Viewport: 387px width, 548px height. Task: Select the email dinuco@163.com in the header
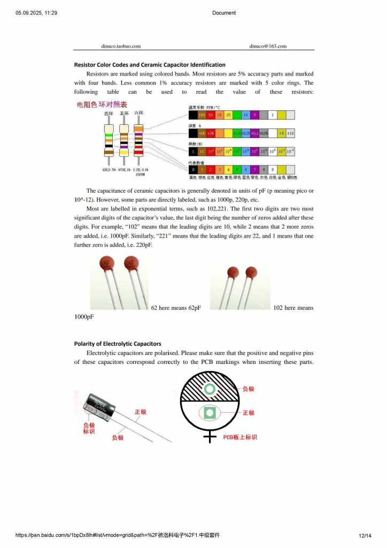tap(268, 46)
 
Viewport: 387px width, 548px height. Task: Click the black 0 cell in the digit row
tap(193, 170)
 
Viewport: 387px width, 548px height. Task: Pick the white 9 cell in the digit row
tap(272, 170)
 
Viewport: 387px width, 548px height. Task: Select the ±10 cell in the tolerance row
tap(290, 133)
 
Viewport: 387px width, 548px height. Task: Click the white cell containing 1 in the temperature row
tap(272, 115)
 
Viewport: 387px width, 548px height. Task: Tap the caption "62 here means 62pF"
tap(176, 308)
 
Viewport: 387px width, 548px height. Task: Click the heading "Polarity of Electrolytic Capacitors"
tap(118, 344)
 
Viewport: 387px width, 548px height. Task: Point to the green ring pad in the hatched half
tap(209, 389)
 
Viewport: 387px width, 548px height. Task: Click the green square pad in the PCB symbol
tap(209, 413)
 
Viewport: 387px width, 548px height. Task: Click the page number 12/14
tap(365, 535)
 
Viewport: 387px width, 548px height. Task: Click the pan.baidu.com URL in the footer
tap(118, 535)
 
